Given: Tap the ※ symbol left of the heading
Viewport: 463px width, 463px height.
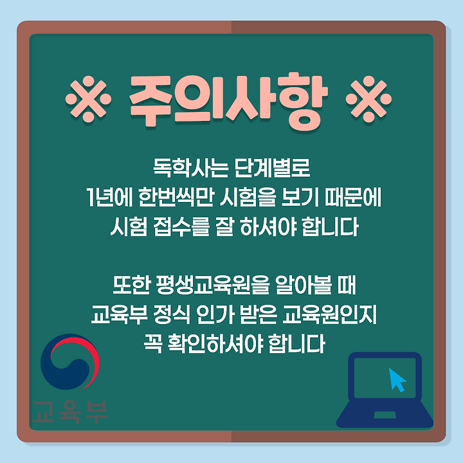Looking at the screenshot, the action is click(88, 98).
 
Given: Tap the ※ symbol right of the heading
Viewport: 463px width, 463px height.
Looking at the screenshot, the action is click(369, 98).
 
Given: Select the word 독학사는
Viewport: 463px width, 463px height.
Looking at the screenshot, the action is click(191, 168).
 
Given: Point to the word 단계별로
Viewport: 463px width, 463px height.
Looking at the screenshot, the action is click(273, 168).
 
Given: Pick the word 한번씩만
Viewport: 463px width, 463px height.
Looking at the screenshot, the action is click(176, 197).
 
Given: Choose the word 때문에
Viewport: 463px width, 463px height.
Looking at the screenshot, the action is click(352, 197).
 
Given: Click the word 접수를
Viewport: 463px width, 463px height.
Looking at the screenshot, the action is click(181, 226).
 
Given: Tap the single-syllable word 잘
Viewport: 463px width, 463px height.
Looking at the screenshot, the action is click(224, 226).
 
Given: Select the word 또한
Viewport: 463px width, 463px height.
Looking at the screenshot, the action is click(131, 285).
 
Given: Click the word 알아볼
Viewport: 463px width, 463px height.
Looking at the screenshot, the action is click(304, 285).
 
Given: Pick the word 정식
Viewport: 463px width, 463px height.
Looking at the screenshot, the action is click(172, 314).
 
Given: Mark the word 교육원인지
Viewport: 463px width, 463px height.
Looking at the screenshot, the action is click(329, 314).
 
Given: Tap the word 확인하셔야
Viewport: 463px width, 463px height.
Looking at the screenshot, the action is click(215, 343).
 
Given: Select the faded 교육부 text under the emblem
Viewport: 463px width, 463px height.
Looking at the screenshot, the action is click(69, 412).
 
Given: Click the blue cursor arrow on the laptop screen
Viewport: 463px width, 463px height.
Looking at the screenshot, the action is click(397, 380).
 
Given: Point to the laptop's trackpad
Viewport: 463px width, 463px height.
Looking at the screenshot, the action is click(385, 415).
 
